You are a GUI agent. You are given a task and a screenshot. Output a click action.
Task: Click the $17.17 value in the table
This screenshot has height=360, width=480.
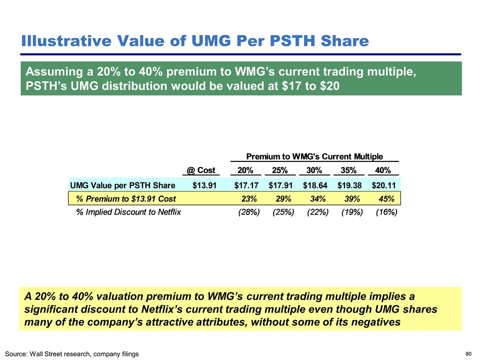point(246,184)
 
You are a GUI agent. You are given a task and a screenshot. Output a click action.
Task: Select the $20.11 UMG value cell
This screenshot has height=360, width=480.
point(384,184)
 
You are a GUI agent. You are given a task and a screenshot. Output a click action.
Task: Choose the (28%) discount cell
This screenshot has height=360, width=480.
point(248,212)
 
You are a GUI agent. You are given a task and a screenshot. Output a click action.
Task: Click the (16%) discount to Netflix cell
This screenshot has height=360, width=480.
point(386,212)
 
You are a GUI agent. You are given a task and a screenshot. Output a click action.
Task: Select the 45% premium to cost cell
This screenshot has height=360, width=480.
point(387,198)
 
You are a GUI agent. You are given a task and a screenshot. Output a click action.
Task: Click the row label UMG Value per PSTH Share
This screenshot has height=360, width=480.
point(122,184)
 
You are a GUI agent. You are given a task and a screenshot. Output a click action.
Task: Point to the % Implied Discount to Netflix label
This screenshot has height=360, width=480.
point(128,212)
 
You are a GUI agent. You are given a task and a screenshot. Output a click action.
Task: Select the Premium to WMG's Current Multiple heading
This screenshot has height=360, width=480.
point(314,156)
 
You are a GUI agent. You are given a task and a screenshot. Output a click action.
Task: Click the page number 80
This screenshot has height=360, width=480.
point(468,354)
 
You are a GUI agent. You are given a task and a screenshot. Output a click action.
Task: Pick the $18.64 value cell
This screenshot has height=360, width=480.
point(315,184)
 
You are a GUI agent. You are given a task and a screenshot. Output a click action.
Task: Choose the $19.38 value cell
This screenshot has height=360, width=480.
point(350,184)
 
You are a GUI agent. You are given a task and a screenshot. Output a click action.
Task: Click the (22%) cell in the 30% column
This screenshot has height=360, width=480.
point(317,212)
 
